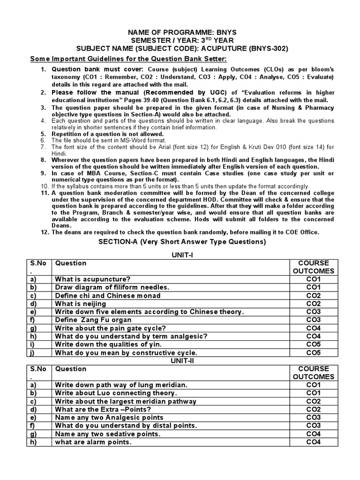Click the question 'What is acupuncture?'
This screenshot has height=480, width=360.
click(x=93, y=279)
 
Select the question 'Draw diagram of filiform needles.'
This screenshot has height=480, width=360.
click(x=112, y=287)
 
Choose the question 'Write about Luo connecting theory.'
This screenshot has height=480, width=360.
click(x=116, y=393)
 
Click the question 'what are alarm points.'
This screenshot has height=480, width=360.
click(x=93, y=442)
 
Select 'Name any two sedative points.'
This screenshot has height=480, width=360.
click(x=107, y=434)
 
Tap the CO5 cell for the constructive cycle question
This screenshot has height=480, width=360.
click(x=313, y=352)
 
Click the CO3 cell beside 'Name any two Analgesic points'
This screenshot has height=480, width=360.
click(x=313, y=418)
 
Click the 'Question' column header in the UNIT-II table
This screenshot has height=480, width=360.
click(x=71, y=369)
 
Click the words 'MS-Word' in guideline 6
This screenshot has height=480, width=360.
click(x=123, y=140)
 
